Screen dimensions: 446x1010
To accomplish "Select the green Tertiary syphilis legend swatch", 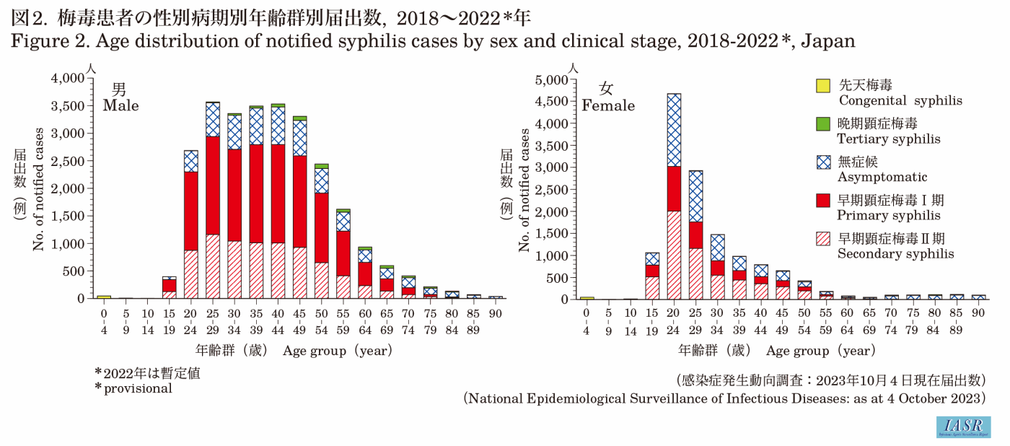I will click(x=823, y=124).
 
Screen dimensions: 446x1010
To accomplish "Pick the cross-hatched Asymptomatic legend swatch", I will click(x=823, y=162).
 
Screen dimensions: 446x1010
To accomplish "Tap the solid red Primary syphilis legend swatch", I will click(x=823, y=201).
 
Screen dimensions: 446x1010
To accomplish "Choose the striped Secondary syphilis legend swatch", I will click(x=823, y=239).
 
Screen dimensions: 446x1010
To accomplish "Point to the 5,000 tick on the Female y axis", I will click(x=552, y=79).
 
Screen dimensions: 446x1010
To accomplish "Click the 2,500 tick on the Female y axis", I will click(x=552, y=189).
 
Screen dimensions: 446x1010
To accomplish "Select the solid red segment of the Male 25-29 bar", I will click(x=213, y=185).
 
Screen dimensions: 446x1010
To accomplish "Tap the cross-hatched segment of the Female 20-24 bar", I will click(x=674, y=130).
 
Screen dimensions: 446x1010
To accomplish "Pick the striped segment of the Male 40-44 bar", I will click(x=278, y=271).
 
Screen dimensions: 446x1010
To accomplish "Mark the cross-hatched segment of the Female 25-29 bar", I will click(x=695, y=196).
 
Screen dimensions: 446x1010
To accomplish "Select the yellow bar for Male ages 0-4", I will click(x=104, y=297).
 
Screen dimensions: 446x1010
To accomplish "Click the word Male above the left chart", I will click(x=120, y=105).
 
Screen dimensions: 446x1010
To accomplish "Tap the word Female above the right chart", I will click(x=608, y=106).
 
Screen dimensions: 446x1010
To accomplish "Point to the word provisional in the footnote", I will click(x=139, y=388).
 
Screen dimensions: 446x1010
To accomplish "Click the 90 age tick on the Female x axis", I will click(x=978, y=312).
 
